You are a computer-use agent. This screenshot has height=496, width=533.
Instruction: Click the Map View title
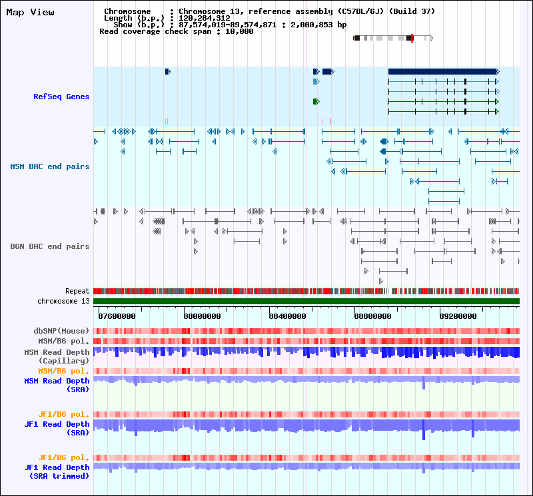(x=30, y=12)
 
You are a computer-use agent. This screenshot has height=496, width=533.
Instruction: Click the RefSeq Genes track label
(x=61, y=97)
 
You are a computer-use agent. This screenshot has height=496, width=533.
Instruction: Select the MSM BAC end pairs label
(x=50, y=166)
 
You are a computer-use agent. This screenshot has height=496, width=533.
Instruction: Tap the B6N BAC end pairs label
(x=50, y=246)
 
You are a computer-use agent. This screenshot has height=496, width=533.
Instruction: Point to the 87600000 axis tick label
(x=117, y=316)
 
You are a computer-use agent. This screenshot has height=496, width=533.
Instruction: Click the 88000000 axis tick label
(x=203, y=316)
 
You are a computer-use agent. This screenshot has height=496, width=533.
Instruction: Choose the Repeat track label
(x=77, y=292)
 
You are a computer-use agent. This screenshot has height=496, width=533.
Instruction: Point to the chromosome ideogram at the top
(x=393, y=38)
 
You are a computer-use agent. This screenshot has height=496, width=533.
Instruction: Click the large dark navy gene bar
(x=442, y=71)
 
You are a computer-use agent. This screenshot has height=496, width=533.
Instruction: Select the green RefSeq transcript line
(x=443, y=101)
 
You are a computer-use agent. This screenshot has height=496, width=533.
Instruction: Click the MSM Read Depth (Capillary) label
(x=57, y=356)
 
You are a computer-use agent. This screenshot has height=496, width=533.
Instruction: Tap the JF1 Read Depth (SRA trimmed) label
(x=57, y=471)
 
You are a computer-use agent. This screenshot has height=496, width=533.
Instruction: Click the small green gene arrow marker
(x=316, y=101)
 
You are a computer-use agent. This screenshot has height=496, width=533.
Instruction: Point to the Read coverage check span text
(x=176, y=31)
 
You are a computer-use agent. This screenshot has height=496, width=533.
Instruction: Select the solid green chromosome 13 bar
(x=306, y=302)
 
